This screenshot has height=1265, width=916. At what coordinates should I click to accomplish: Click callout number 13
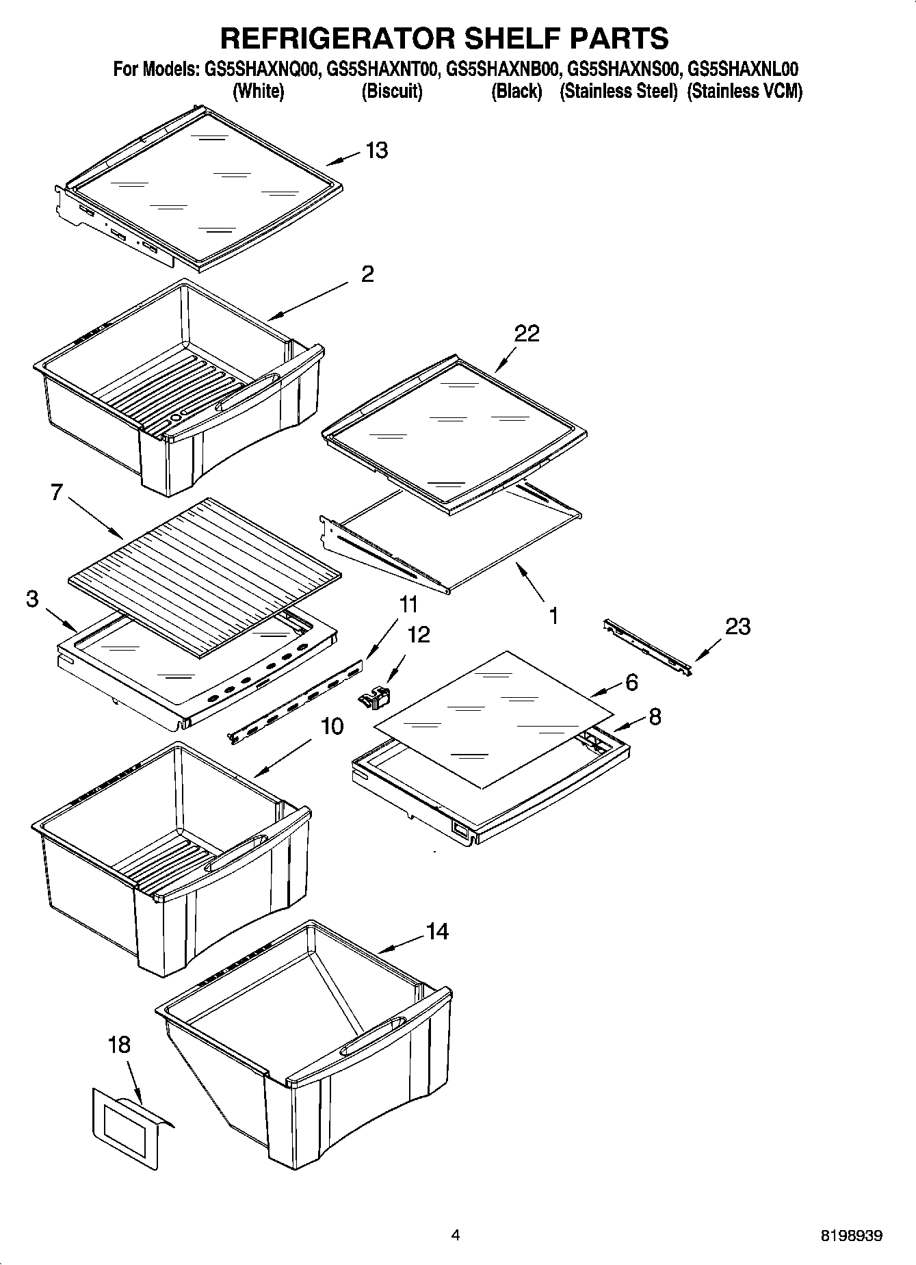tap(377, 150)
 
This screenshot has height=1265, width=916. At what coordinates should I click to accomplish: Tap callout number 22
tap(527, 333)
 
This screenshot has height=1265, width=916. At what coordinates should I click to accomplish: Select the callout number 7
tap(57, 492)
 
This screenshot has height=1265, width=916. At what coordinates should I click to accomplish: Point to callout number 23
tap(737, 626)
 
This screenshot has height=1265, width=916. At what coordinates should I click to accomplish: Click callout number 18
tap(119, 1045)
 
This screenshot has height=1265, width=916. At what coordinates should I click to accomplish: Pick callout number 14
tap(437, 931)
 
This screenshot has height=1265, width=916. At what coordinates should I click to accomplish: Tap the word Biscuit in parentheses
tap(392, 92)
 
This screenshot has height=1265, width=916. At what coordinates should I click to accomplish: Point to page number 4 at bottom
tap(456, 1235)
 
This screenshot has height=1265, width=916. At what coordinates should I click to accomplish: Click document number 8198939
tap(852, 1236)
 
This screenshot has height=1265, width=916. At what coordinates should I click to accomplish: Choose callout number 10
tap(332, 726)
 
